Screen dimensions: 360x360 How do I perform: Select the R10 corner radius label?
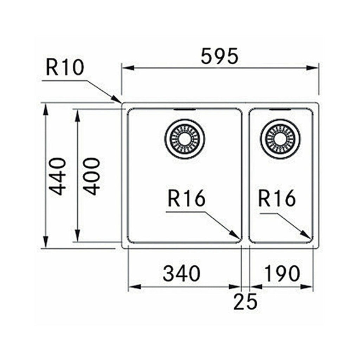coord(65,68)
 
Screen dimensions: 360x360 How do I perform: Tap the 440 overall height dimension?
coord(57,176)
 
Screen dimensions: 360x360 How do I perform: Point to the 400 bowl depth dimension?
coord(92,176)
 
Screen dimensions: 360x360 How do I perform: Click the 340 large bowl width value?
coord(181,273)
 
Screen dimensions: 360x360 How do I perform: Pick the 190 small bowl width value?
coord(282,273)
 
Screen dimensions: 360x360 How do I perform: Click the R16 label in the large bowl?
coord(186,199)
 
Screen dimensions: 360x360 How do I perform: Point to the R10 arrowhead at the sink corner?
coord(118,100)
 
